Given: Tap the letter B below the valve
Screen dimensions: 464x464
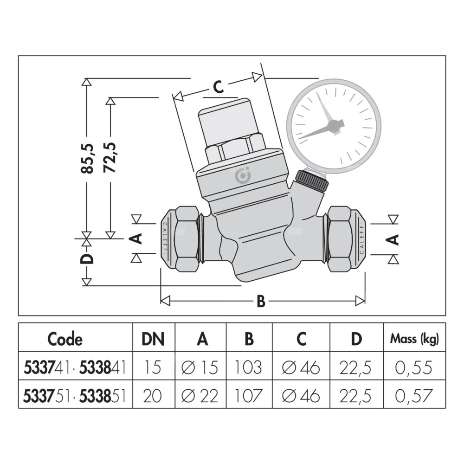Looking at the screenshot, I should [x=261, y=302].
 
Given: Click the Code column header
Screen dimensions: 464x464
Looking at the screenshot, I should [x=64, y=339].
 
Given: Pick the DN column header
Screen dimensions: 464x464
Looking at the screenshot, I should [x=153, y=339].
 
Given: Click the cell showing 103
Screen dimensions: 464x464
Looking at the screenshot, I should [x=249, y=367].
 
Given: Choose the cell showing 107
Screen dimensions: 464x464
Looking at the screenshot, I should [x=249, y=395].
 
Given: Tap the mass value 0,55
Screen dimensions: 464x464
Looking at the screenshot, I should [x=414, y=367].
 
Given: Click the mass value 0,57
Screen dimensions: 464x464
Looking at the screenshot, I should [x=414, y=395].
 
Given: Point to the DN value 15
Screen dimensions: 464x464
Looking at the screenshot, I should [x=153, y=367].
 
